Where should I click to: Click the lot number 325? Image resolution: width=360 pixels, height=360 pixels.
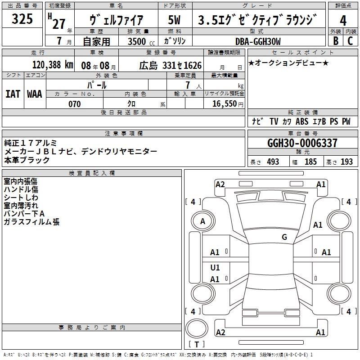(22, 18)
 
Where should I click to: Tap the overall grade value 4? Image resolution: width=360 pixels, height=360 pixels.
(343, 20)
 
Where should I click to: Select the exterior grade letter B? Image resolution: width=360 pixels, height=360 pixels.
(336, 41)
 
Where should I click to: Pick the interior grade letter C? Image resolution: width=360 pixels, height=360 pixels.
(350, 41)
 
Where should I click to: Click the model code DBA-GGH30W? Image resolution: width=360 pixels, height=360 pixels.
(258, 41)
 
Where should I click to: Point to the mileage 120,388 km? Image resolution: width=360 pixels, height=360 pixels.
(53, 65)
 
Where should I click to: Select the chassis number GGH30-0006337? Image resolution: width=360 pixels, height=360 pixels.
(302, 143)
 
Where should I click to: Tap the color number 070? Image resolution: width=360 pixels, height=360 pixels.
(74, 104)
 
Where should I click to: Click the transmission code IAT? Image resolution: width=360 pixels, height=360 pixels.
(13, 94)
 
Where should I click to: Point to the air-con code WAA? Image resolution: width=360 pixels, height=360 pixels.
(35, 94)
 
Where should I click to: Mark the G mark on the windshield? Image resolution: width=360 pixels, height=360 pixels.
(284, 237)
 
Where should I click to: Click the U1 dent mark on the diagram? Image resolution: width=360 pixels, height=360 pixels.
(215, 267)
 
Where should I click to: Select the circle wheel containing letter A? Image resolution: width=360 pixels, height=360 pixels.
(202, 221)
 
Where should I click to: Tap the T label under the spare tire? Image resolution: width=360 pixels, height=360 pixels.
(197, 344)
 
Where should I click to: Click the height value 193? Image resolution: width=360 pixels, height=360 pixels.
(346, 162)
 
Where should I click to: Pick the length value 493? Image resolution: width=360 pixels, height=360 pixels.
(273, 162)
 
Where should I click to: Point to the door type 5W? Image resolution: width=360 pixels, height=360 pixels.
(174, 20)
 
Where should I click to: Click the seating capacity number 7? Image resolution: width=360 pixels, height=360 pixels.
(188, 85)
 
